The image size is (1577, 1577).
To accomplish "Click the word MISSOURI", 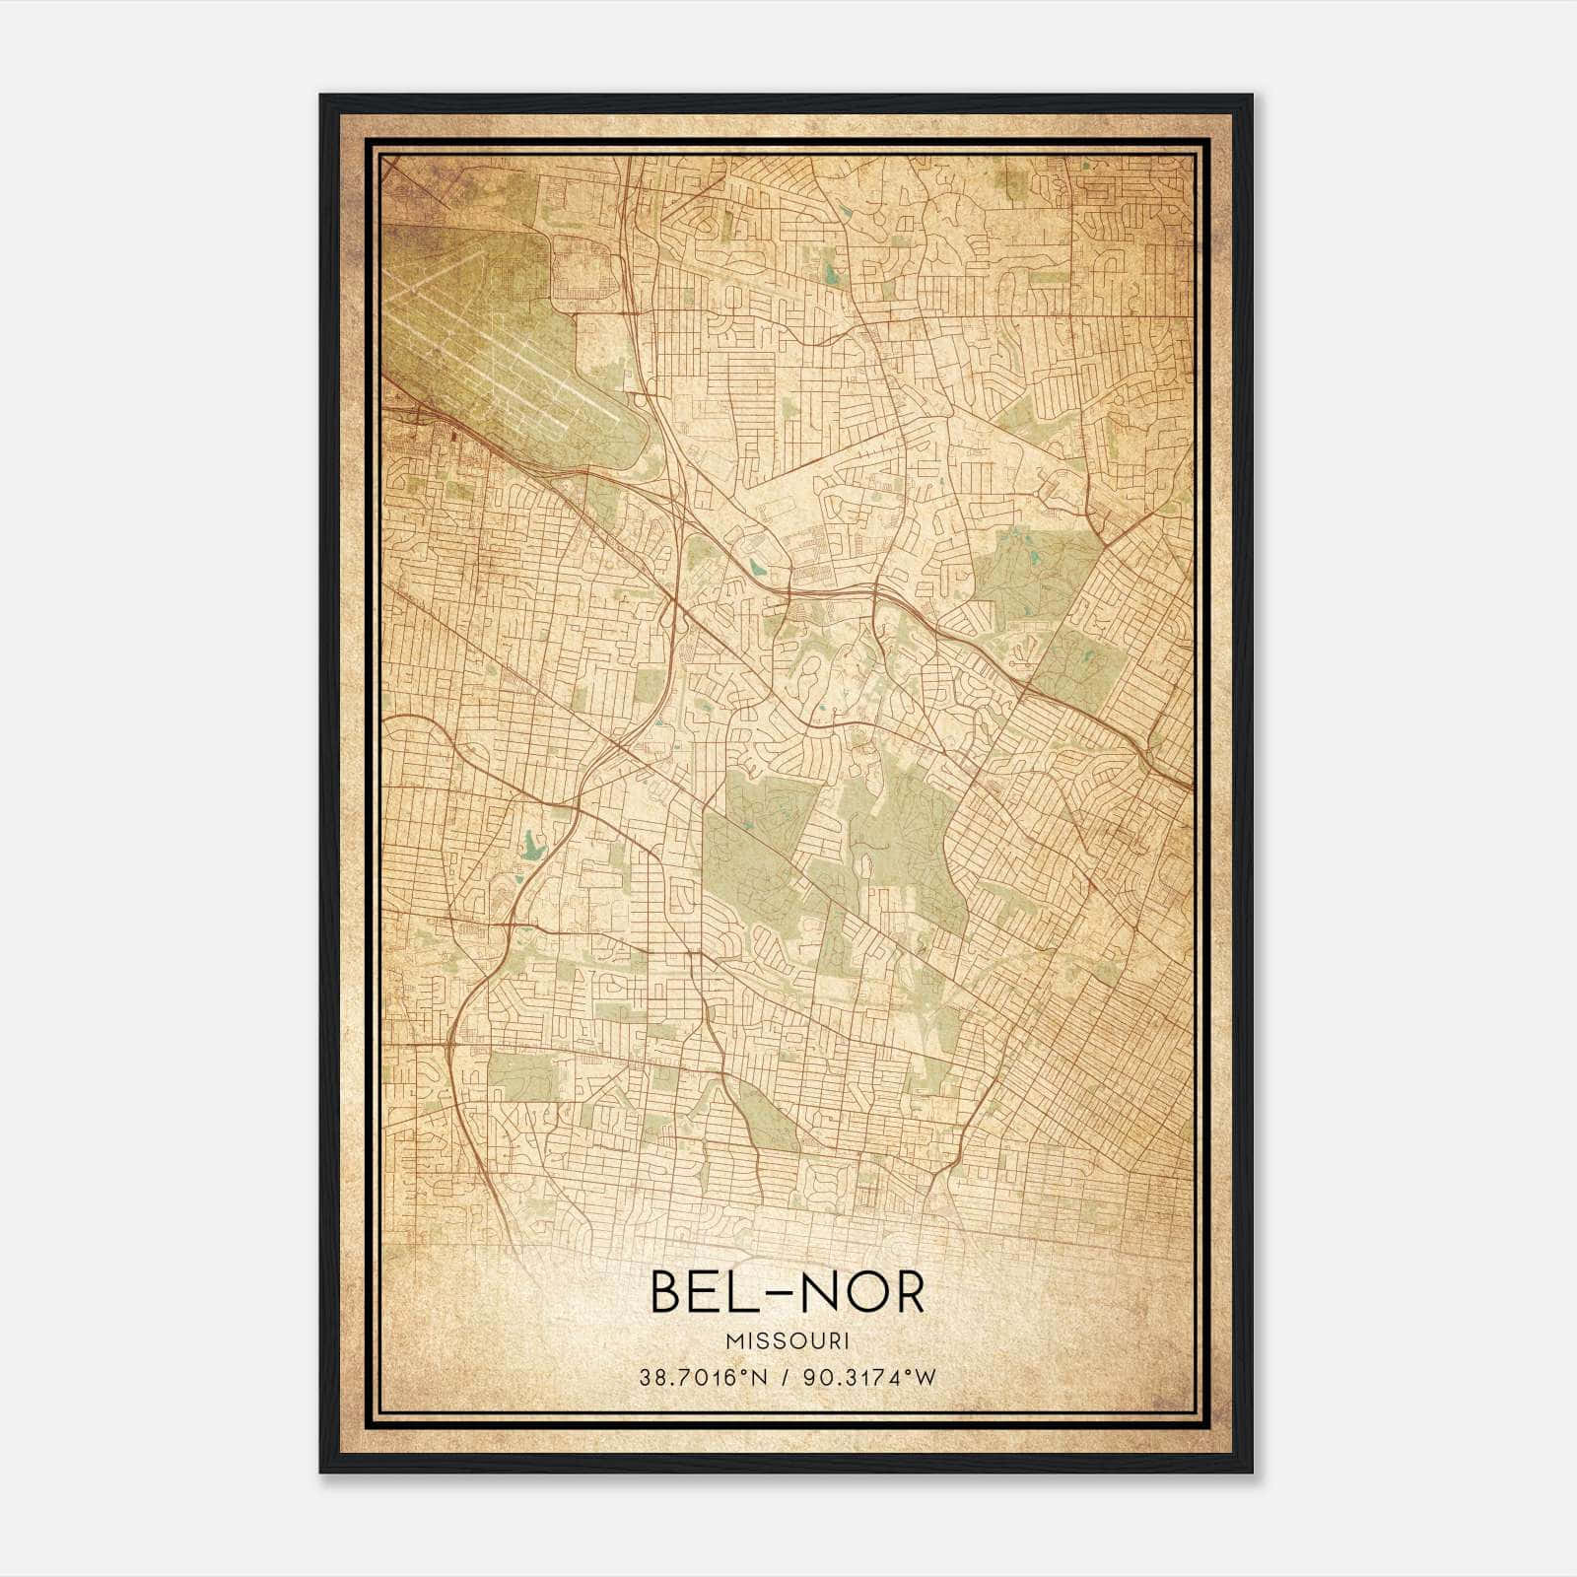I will coord(788,1340).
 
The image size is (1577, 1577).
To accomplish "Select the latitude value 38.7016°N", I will coord(702,1377).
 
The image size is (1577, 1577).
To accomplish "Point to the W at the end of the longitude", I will coord(926,1377).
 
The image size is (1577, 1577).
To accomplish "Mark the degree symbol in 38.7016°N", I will coord(741,1371).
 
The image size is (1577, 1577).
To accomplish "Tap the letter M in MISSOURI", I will coord(733,1340).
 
